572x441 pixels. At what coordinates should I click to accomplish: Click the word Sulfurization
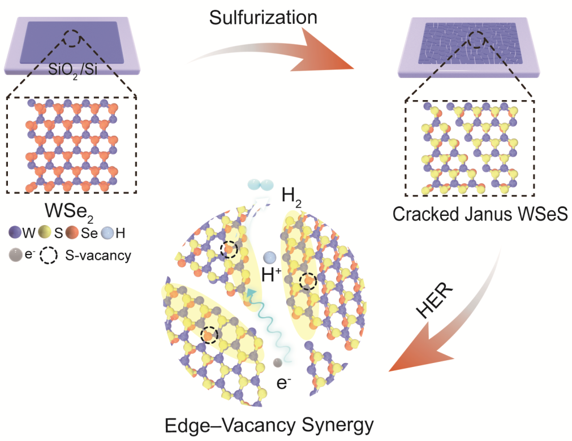click(263, 17)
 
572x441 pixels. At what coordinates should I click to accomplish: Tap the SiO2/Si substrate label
click(73, 69)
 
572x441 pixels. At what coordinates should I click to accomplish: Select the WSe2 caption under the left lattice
click(69, 212)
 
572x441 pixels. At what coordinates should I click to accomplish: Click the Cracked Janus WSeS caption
click(480, 214)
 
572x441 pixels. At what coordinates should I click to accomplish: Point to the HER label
click(434, 300)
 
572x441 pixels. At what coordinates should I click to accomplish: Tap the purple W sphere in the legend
click(15, 232)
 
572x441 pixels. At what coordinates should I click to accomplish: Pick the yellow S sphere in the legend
click(44, 232)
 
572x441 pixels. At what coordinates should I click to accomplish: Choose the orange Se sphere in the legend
click(72, 232)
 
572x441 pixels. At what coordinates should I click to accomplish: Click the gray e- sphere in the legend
click(16, 255)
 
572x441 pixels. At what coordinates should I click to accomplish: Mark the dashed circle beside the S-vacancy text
click(49, 256)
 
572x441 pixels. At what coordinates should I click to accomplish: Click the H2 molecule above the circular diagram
click(260, 185)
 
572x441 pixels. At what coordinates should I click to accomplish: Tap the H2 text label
click(291, 197)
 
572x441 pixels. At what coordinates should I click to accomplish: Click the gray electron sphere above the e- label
click(278, 362)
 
